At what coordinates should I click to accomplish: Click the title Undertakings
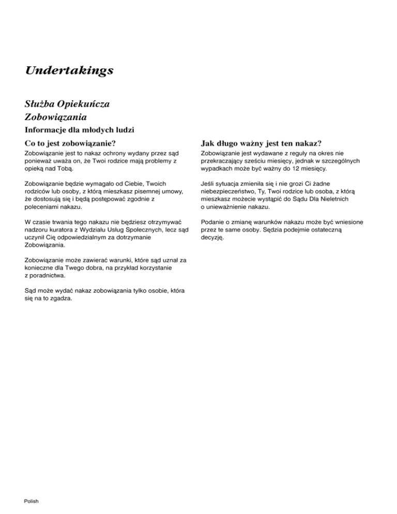[x=69, y=70]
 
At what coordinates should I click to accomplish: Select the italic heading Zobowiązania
[x=55, y=117]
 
